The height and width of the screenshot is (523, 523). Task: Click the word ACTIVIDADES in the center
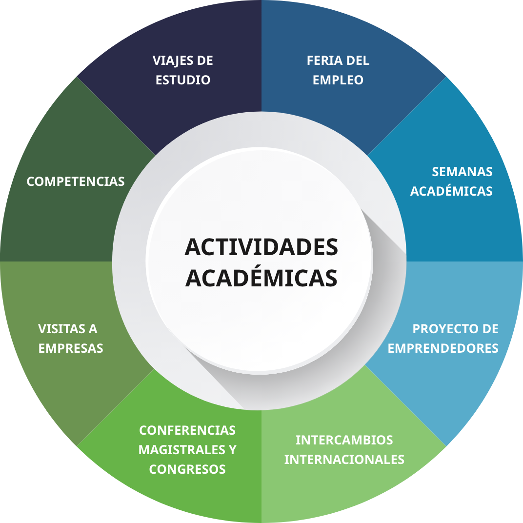261,247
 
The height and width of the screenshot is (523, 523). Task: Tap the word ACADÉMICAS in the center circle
261,278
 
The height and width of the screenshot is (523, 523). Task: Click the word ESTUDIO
183,80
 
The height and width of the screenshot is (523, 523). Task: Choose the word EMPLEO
338,80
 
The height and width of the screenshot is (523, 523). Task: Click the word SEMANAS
462,172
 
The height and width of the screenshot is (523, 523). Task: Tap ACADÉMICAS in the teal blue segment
451,191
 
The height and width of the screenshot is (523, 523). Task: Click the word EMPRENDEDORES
443,348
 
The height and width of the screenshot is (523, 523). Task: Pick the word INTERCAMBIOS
344,440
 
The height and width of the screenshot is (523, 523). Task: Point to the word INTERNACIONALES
344,460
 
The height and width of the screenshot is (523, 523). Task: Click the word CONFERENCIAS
187,430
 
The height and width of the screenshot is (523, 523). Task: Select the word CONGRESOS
187,469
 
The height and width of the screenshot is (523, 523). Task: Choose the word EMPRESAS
71,348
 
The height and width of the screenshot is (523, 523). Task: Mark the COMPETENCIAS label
76,181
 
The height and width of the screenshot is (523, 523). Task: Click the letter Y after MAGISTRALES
232,450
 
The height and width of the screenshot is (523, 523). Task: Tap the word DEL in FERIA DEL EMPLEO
358,61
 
